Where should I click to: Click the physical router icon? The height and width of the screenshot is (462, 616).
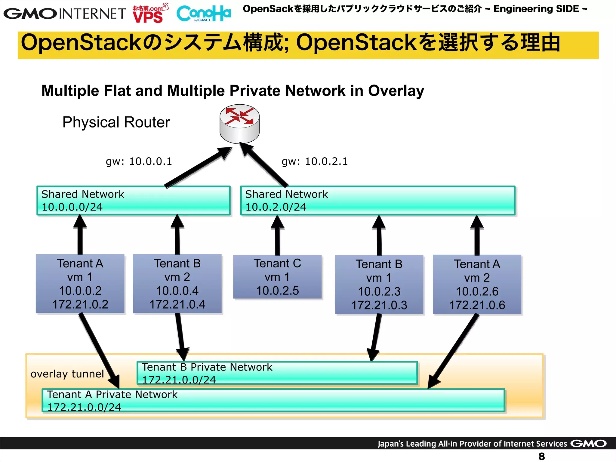point(239,124)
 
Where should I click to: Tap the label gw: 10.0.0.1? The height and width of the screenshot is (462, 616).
point(139,162)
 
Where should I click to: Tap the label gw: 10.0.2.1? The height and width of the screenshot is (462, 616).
point(315,162)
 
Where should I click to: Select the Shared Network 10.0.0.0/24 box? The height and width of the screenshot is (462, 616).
point(134,201)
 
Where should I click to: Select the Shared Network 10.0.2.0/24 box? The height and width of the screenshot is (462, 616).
point(377,201)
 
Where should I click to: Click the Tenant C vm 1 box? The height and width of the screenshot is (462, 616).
point(277,277)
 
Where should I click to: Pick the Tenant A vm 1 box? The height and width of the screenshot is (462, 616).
point(80,284)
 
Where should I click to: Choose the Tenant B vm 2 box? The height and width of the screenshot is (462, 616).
point(177,284)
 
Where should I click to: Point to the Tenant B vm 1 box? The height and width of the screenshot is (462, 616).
point(379,285)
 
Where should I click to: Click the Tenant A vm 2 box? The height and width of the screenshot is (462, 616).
point(477,285)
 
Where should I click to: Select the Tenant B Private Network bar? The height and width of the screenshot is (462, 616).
point(277,373)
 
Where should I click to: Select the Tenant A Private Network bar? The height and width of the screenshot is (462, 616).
point(273,400)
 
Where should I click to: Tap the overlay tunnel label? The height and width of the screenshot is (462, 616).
point(67,374)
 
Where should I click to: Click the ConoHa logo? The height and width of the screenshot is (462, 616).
point(204,14)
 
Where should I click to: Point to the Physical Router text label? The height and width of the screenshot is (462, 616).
point(116,122)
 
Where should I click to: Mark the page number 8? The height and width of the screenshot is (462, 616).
point(541,456)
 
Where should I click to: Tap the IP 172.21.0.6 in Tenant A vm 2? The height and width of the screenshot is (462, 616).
point(477,305)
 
